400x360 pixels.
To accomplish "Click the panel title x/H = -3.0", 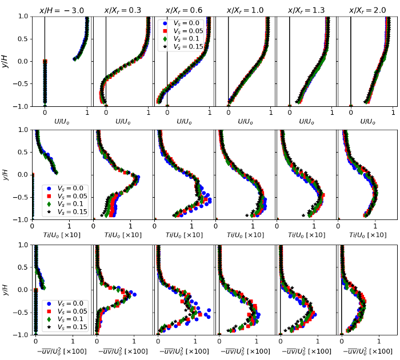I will pyautogui.click(x=61, y=10).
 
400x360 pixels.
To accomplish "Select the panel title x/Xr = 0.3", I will pyautogui.click(x=122, y=10).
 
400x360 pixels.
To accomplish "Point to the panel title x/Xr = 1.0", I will pyautogui.click(x=245, y=10).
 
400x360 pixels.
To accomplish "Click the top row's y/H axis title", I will pyautogui.click(x=5, y=61).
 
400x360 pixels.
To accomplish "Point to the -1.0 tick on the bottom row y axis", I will pyautogui.click(x=21, y=334).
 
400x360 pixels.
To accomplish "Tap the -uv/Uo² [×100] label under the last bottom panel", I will pyautogui.click(x=367, y=351).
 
